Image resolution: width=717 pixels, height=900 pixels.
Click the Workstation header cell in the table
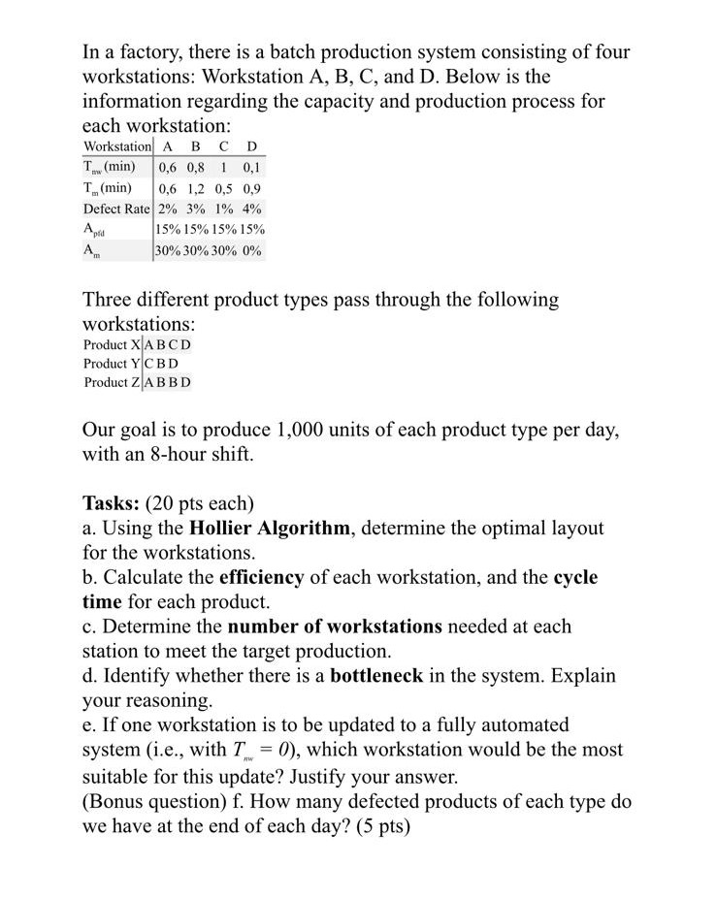[x=116, y=145]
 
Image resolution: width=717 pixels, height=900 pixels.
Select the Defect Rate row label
[x=116, y=209]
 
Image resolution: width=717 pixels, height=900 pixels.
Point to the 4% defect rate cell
[x=252, y=209]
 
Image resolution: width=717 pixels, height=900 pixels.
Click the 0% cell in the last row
[x=252, y=250]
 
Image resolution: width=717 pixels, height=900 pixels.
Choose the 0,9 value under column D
[x=252, y=187]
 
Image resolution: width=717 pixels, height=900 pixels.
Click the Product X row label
[x=111, y=344]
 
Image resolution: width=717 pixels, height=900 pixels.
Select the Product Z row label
[x=111, y=381]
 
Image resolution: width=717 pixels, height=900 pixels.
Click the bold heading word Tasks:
[x=112, y=503]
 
